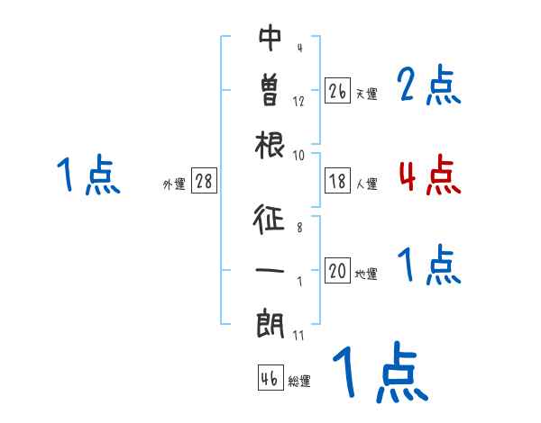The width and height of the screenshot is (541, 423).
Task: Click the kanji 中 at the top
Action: click(x=270, y=38)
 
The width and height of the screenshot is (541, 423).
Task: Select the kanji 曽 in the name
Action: click(x=270, y=90)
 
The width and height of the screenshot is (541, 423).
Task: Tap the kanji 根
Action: click(x=270, y=143)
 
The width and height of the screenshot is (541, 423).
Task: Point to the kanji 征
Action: click(x=270, y=219)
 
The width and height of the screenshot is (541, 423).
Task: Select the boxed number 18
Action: click(x=337, y=181)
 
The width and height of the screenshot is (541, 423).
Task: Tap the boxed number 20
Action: click(x=337, y=272)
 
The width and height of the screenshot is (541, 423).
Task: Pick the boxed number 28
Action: click(x=204, y=181)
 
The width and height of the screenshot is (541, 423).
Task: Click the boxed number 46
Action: click(x=270, y=378)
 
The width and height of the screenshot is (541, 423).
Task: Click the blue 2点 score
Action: click(x=429, y=85)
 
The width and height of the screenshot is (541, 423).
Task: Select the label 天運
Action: click(x=366, y=94)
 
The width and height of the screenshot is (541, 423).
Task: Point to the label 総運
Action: click(x=298, y=382)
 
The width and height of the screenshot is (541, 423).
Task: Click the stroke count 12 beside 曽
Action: click(x=298, y=101)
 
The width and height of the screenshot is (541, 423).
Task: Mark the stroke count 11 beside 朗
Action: click(x=298, y=335)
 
